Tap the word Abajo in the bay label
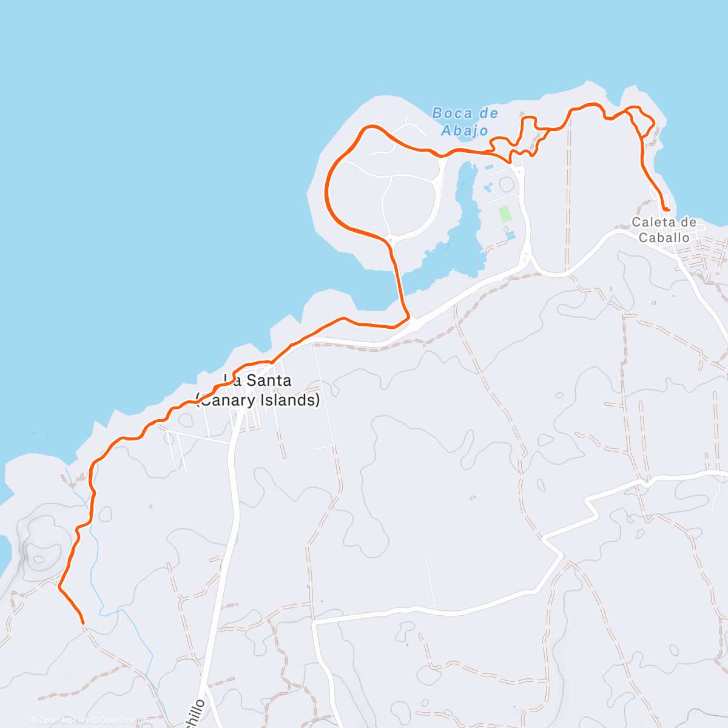click(x=465, y=130)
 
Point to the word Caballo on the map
click(x=664, y=238)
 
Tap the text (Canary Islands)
click(x=258, y=400)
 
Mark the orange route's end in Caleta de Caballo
click(x=668, y=209)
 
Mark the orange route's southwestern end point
click(x=83, y=622)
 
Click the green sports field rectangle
click(x=504, y=214)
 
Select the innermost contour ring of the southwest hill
click(x=41, y=559)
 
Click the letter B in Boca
click(x=437, y=113)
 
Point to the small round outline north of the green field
click(x=505, y=183)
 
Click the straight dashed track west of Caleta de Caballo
click(x=569, y=194)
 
